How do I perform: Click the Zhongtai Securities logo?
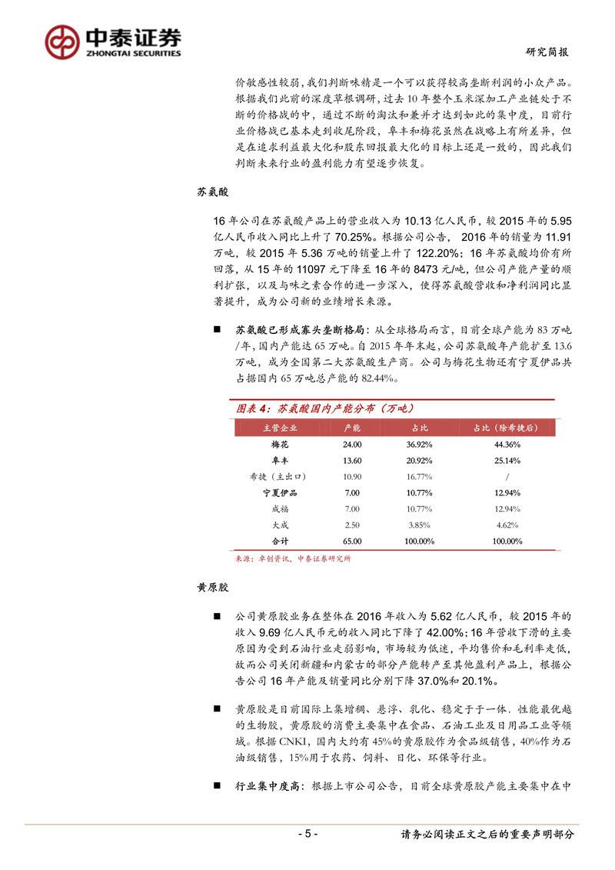tap(112, 42)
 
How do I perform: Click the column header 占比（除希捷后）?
tap(507, 428)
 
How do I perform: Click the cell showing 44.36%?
tap(507, 445)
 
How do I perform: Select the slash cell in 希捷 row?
tap(507, 476)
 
